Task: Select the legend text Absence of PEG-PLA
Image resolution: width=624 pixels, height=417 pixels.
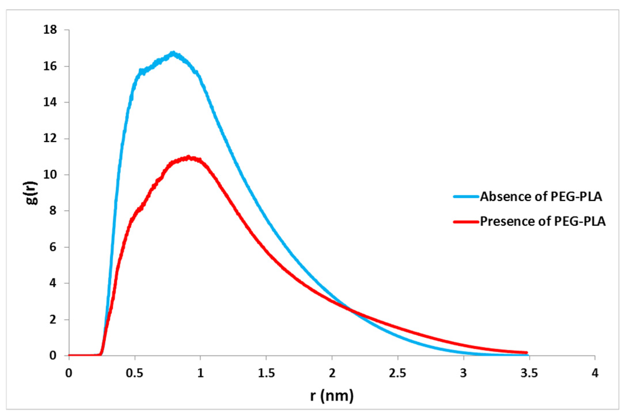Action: pos(541,197)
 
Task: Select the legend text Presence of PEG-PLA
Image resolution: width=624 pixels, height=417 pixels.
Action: pos(543,221)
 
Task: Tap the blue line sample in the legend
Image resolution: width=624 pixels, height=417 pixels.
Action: pos(466,197)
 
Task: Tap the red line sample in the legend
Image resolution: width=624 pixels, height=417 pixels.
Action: pos(466,222)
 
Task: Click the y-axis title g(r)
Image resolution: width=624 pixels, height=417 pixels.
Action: pos(31,193)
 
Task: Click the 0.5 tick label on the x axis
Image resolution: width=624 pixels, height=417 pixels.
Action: pos(134,373)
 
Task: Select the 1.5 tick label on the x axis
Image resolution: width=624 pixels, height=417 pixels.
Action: pos(266,373)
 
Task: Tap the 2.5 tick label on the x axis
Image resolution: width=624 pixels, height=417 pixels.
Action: pos(397,373)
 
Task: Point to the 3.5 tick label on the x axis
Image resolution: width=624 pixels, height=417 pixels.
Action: pos(529,373)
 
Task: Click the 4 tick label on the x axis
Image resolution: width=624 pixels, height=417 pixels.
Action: pos(595,373)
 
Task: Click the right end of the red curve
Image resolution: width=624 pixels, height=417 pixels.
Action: pos(526,352)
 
